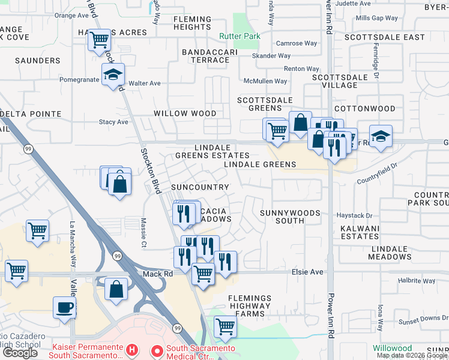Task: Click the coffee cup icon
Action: [x=64, y=308]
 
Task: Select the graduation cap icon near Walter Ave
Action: [x=112, y=74]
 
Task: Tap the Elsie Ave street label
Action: [x=307, y=272]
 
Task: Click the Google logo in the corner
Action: [x=20, y=353]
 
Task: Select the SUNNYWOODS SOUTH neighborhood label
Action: [x=290, y=217]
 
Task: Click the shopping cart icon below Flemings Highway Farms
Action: [x=225, y=327]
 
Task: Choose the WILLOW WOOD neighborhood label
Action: [x=185, y=113]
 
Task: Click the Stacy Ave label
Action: [x=113, y=122]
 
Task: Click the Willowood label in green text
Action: [x=392, y=348]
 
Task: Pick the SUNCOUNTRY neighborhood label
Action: [x=200, y=187]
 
